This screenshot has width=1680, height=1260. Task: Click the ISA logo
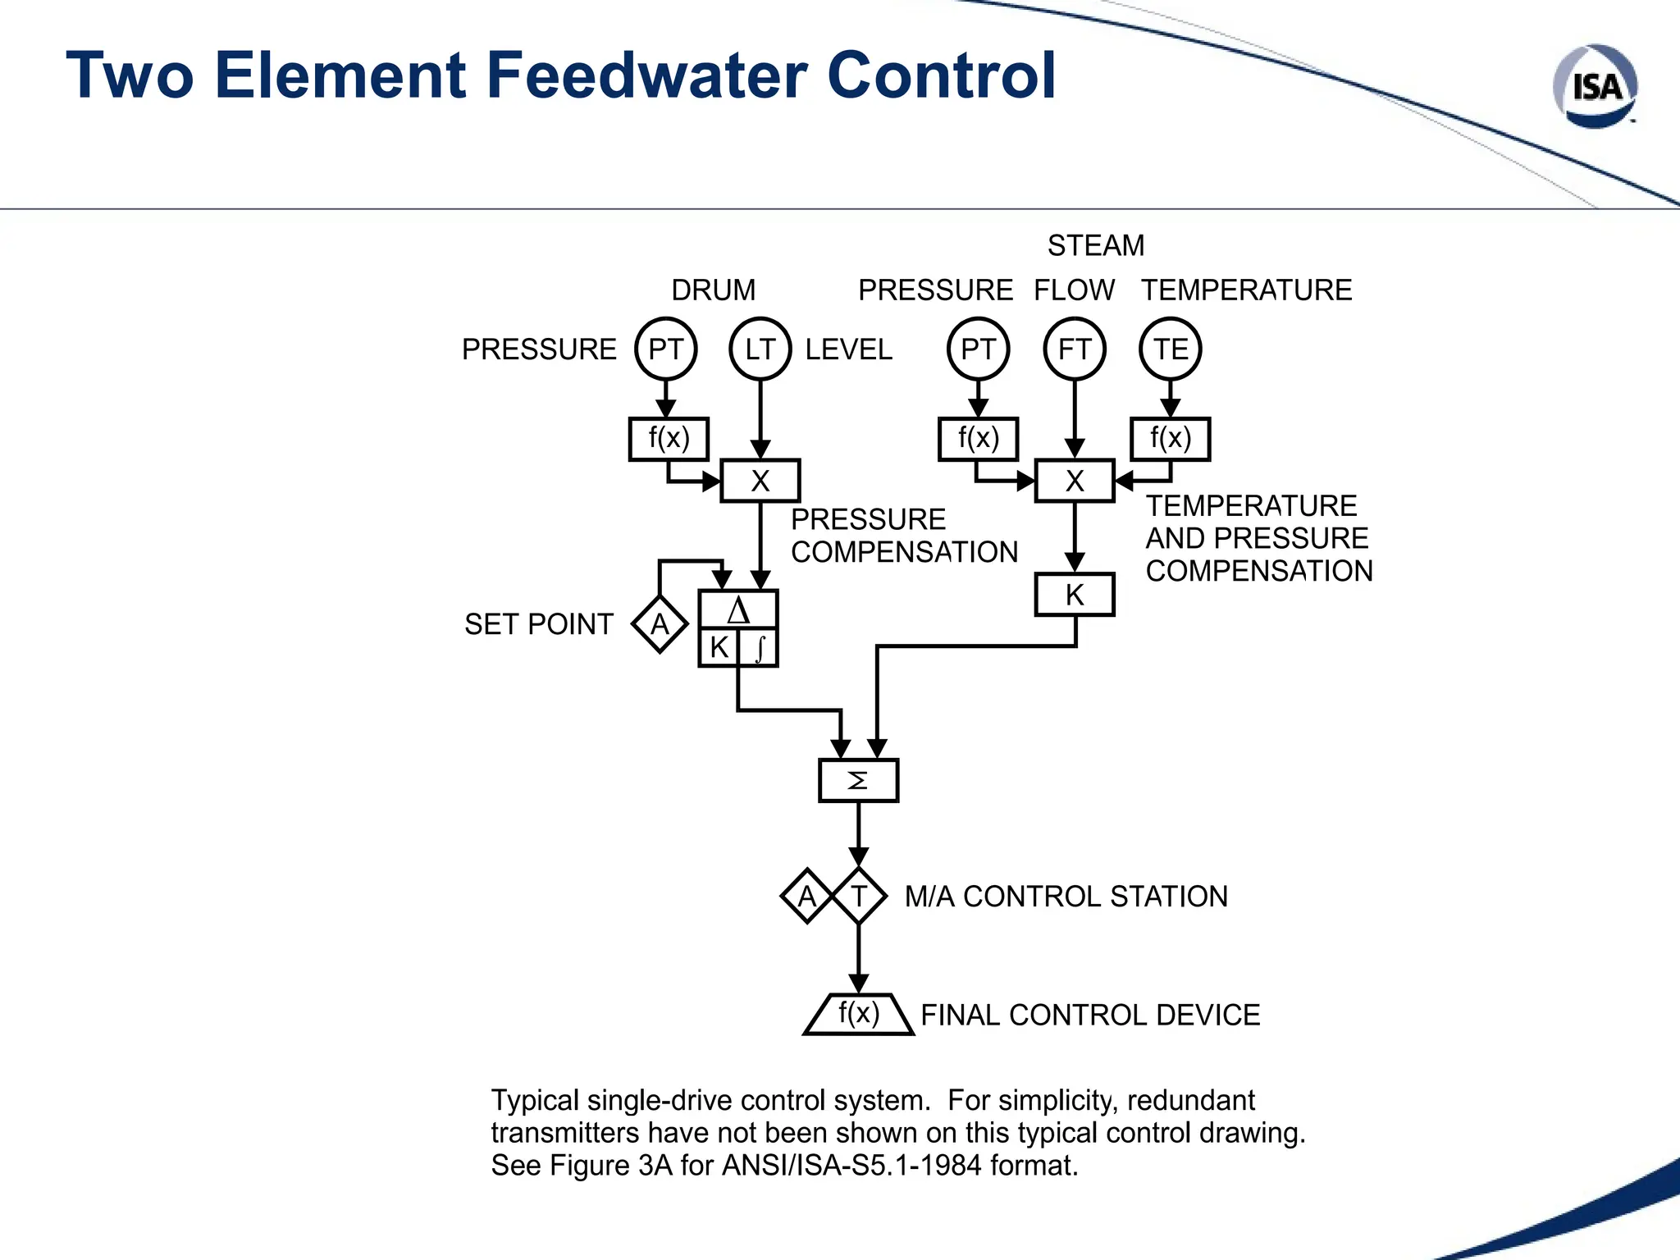1595,87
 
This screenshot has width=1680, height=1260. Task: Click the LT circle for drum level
760,349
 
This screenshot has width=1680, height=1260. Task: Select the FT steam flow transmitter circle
1074,349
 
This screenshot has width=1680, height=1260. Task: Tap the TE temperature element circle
1170,349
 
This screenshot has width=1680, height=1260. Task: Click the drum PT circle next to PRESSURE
665,349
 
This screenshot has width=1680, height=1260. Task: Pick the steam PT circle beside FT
978,349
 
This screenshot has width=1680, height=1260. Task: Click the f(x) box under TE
1170,439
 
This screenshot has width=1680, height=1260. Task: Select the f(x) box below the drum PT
669,439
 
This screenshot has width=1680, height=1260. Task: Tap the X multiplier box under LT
760,481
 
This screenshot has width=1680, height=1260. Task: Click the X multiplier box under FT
1074,481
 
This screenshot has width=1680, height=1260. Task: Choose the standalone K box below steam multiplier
1074,595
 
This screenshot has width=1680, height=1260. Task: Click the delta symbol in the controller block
738,611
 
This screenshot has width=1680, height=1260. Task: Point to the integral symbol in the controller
760,648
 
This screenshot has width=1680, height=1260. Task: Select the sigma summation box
858,780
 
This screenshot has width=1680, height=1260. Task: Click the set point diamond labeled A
660,625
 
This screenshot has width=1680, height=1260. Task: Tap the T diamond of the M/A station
859,896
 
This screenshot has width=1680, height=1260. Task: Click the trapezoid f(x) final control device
858,1015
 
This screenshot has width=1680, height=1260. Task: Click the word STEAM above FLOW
1095,245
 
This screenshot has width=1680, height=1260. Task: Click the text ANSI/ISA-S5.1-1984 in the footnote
850,1165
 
